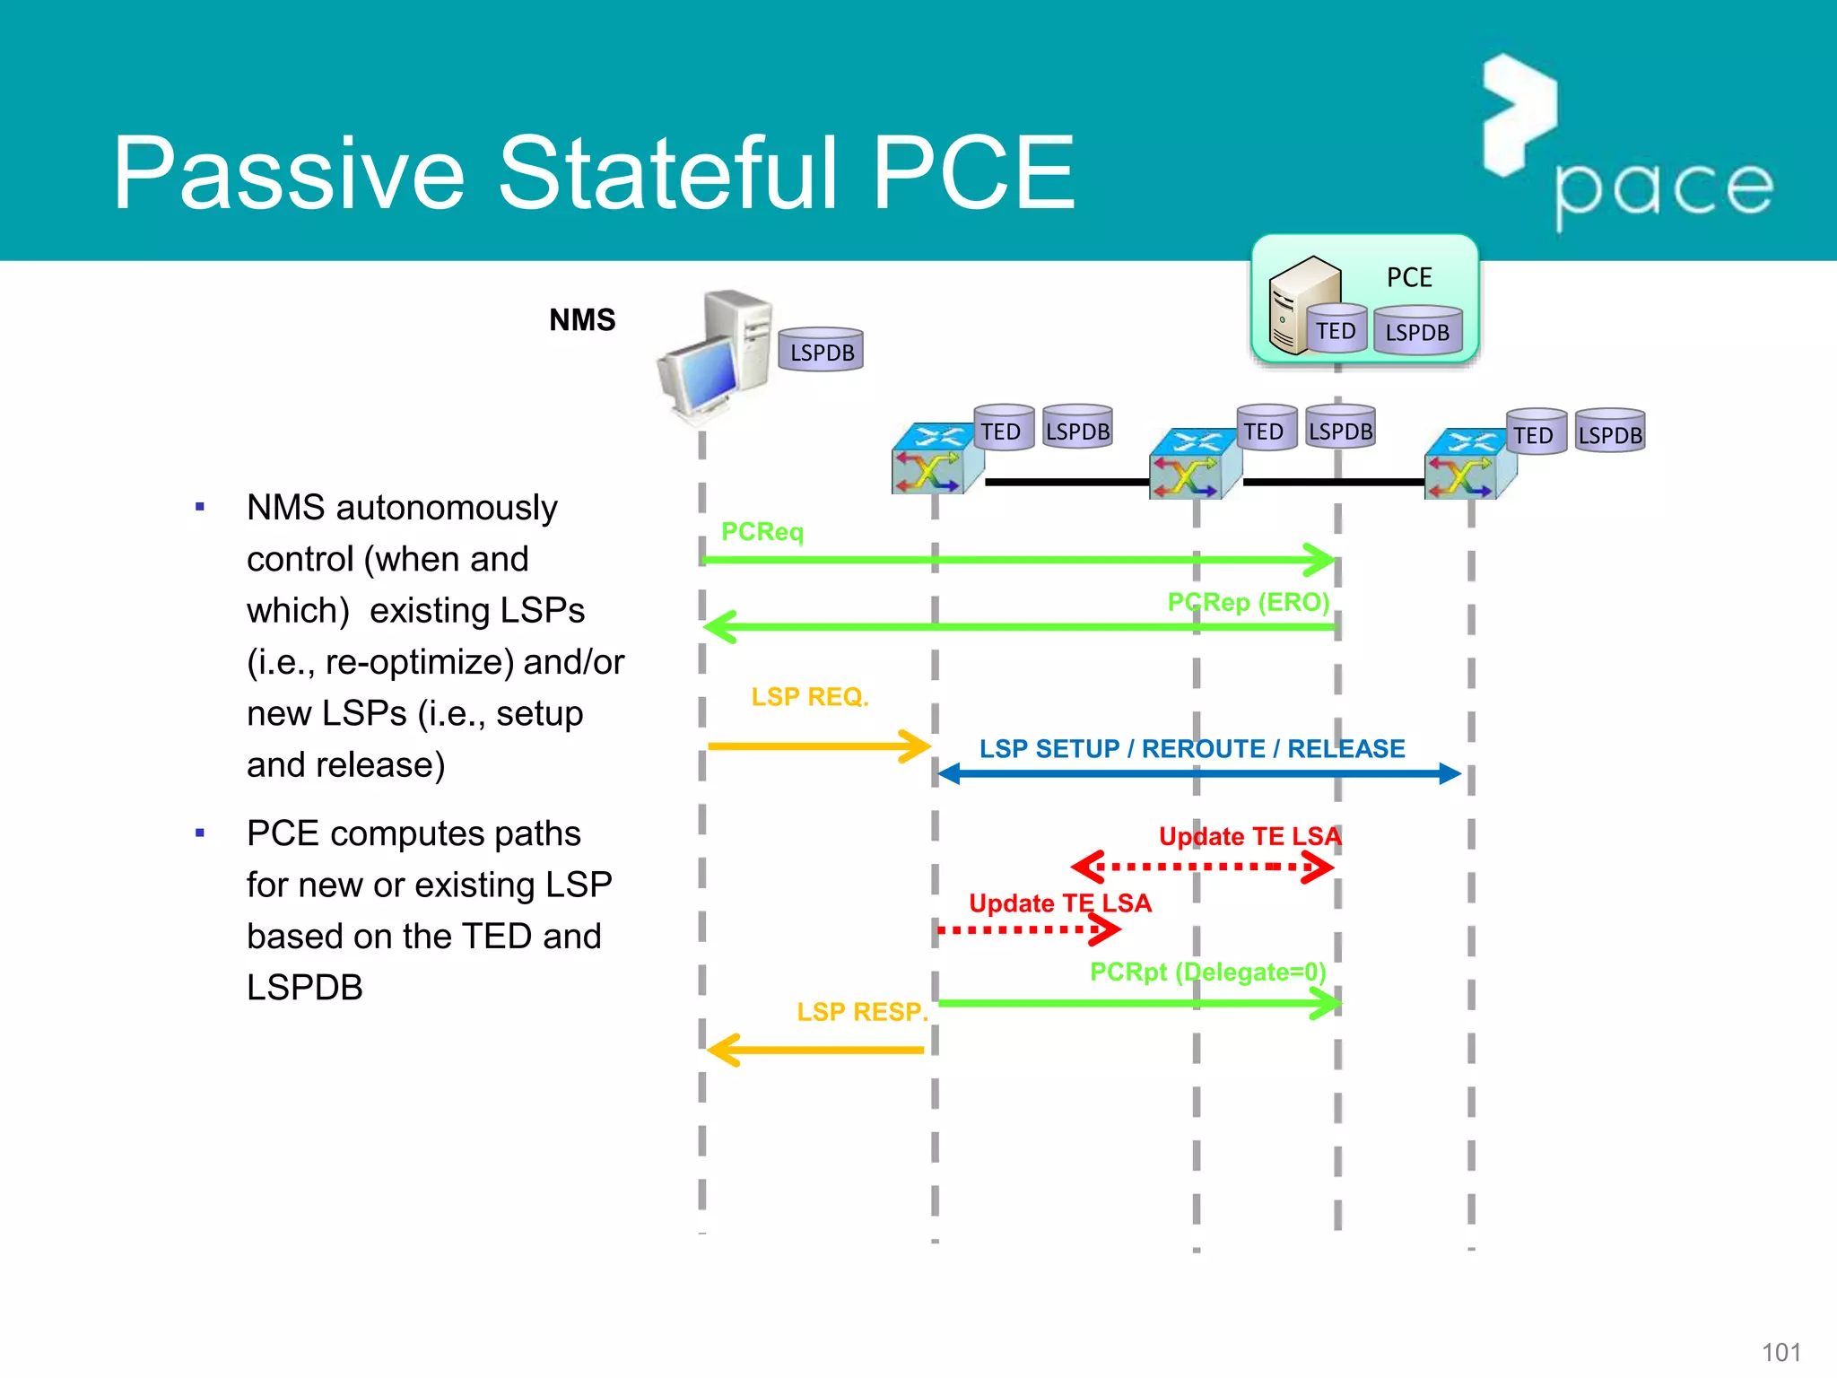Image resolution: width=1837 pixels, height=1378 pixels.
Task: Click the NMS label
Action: tap(582, 320)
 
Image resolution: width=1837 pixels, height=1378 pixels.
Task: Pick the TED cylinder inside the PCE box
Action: tap(1336, 329)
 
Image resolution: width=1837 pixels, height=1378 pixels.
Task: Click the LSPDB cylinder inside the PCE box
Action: tap(1417, 331)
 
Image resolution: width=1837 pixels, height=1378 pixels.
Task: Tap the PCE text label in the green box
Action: tap(1409, 277)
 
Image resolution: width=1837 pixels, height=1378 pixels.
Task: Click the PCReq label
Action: tap(762, 532)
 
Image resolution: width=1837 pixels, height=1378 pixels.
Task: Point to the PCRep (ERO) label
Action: tap(1248, 602)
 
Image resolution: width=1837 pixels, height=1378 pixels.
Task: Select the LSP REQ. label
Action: tap(810, 697)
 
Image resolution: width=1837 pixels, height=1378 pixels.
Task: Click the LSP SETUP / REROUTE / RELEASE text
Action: tap(1192, 748)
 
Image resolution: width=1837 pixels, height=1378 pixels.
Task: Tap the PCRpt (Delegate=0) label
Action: tap(1207, 972)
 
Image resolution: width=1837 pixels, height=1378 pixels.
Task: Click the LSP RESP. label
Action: tap(862, 1012)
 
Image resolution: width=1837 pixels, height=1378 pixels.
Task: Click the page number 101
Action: tap(1780, 1352)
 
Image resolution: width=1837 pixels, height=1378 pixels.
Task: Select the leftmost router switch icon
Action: tap(936, 460)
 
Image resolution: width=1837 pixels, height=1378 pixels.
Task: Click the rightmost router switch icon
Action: tap(1468, 465)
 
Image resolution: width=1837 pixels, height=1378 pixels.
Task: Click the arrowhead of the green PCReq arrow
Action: tap(1322, 559)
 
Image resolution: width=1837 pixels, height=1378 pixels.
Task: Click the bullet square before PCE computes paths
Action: tap(200, 833)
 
